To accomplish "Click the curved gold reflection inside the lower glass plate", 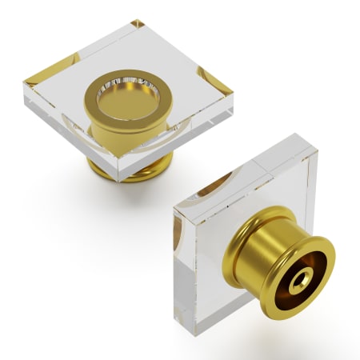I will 212,188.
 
